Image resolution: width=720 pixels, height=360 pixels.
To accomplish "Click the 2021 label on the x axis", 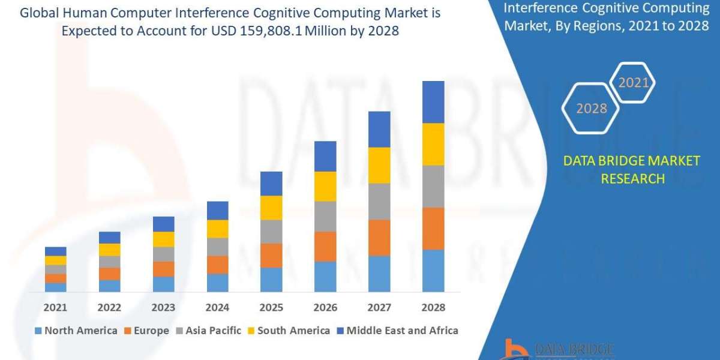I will point(55,307).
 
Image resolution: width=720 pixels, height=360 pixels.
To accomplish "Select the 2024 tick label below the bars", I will point(217,307).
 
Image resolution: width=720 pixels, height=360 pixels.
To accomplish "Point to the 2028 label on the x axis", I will point(433,307).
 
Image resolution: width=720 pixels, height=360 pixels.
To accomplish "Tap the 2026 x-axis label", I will point(325,307).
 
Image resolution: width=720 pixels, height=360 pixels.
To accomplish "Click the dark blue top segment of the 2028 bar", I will point(433,102).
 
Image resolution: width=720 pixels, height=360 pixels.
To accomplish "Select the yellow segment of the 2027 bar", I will point(379,165).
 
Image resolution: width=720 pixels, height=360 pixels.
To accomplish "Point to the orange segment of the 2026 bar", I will point(325,246).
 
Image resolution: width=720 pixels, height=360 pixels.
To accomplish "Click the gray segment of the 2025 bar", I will point(271,231).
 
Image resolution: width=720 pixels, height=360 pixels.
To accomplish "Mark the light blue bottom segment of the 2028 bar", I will point(433,271).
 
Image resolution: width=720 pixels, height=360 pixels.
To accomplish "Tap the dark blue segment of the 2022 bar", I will point(109,238).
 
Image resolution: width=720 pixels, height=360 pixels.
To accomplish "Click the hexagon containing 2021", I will point(633,83).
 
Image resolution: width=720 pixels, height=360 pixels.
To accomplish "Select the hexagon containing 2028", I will point(591,109).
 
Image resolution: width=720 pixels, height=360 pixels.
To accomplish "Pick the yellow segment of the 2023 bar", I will point(163,239).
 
